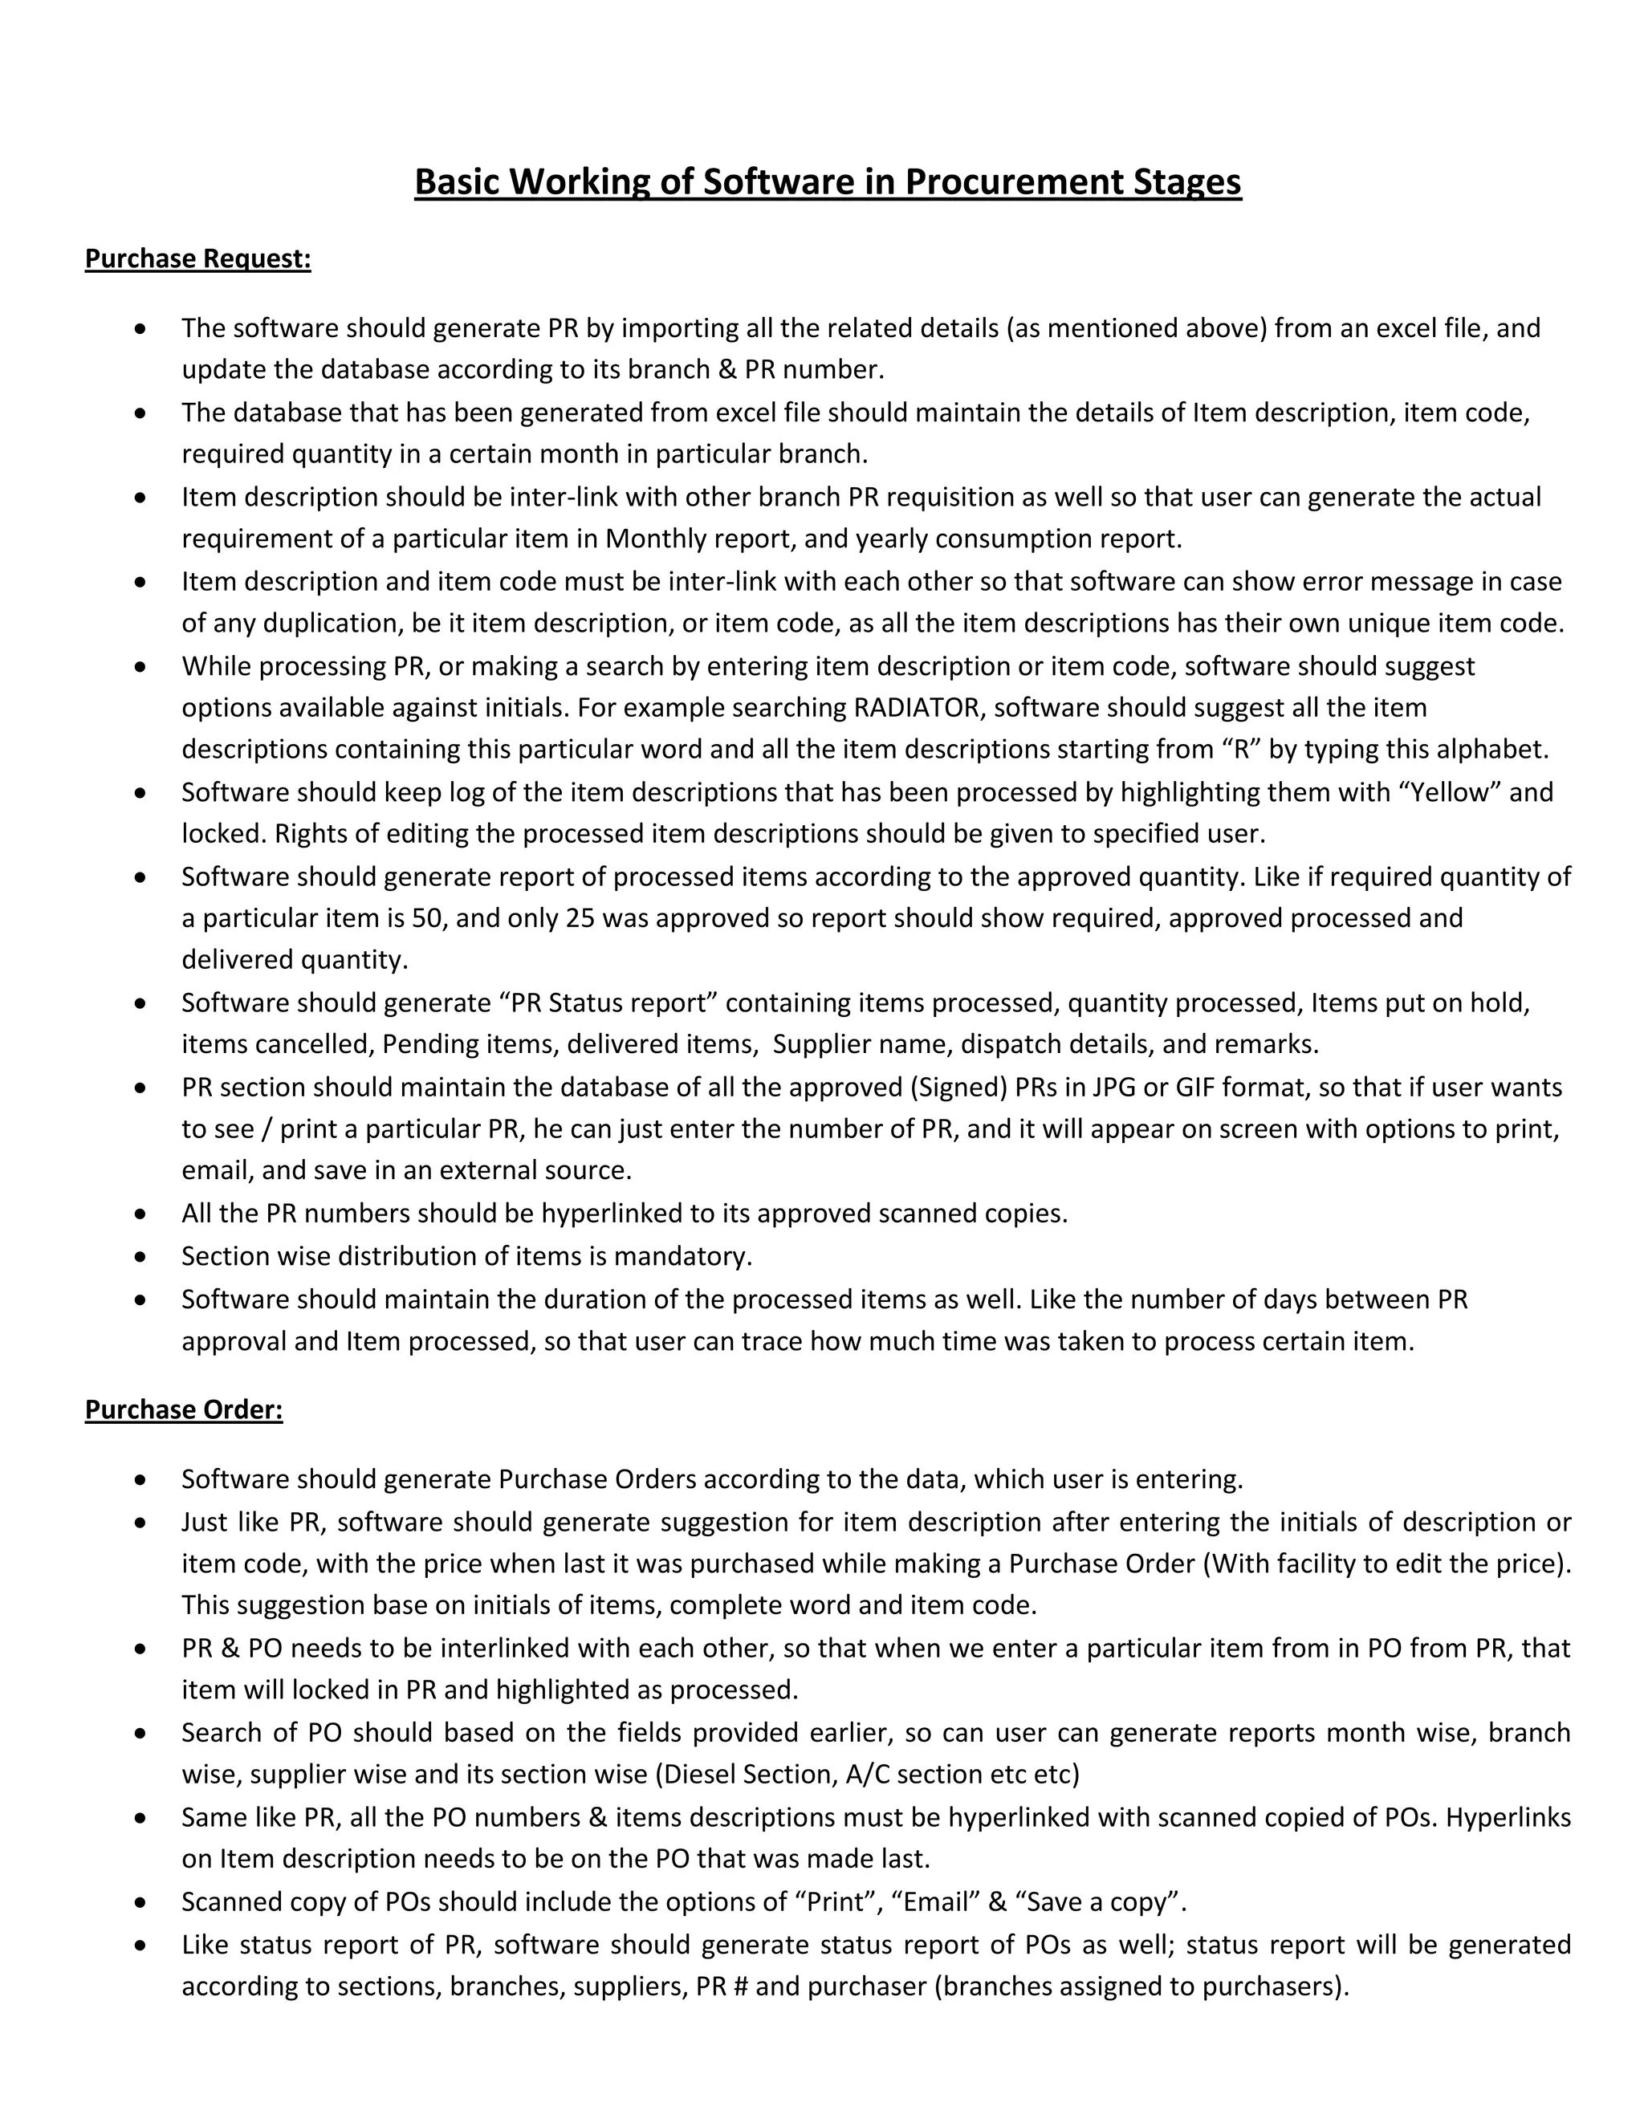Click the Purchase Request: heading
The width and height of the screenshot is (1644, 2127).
197,259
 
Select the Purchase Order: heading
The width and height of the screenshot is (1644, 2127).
183,1410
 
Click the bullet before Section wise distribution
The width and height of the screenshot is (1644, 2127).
141,1257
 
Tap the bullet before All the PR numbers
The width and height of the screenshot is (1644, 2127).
141,1214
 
